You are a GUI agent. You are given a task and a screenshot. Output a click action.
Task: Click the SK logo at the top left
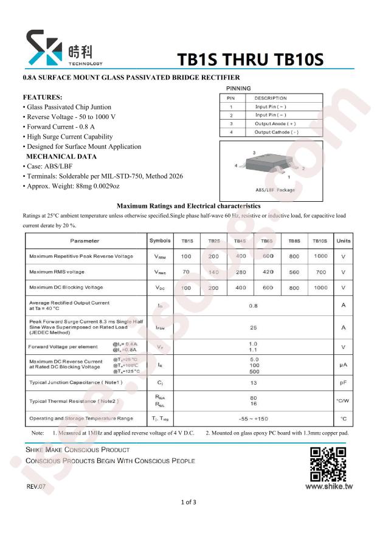coord(44,48)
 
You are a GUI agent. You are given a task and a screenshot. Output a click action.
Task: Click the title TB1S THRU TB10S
coord(251,59)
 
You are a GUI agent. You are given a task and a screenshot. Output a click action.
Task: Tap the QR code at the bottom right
coord(328,464)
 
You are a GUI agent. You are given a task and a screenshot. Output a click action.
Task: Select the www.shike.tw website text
coord(329,486)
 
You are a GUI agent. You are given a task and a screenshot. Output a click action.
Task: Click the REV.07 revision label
coord(36,487)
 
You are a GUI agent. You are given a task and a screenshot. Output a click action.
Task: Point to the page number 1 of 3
coord(188,502)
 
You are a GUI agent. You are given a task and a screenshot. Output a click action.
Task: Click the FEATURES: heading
coord(43,97)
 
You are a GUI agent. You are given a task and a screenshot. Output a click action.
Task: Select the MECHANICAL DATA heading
coord(61,156)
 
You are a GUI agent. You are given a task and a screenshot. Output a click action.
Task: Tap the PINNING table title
coord(238,89)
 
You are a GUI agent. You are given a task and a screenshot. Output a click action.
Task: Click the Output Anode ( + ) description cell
coord(275,123)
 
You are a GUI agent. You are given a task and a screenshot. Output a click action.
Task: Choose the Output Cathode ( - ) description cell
coord(276,132)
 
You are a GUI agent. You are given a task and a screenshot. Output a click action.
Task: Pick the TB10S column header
coord(320,241)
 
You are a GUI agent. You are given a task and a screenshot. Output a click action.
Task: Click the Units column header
coord(344,241)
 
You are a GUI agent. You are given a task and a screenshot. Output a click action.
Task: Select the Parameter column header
coord(85,241)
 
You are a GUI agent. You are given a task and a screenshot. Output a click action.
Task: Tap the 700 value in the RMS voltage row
coord(320,272)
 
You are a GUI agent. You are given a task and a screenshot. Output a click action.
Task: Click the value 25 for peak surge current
coord(253,328)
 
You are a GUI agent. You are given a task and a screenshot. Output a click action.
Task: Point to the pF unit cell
coord(344,383)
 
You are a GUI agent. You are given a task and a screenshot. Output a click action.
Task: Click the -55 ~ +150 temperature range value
coord(253,419)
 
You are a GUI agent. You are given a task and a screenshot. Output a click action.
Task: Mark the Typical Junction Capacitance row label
coord(76,383)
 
